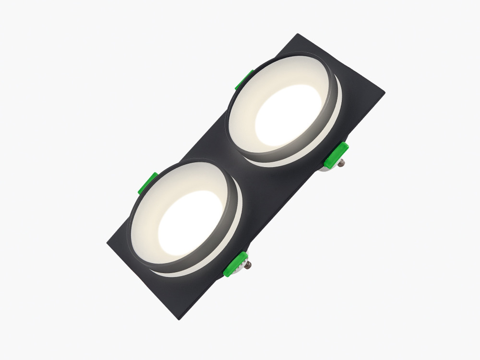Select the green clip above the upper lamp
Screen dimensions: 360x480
[x=245, y=80]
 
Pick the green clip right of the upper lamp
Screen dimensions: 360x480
[x=336, y=154]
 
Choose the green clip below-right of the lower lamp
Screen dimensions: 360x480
[x=236, y=264]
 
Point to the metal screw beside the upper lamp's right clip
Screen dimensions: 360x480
[x=341, y=162]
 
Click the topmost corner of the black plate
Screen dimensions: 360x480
[x=298, y=34]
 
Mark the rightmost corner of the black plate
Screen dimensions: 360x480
[x=384, y=93]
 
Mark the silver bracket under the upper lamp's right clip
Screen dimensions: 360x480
[x=329, y=168]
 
